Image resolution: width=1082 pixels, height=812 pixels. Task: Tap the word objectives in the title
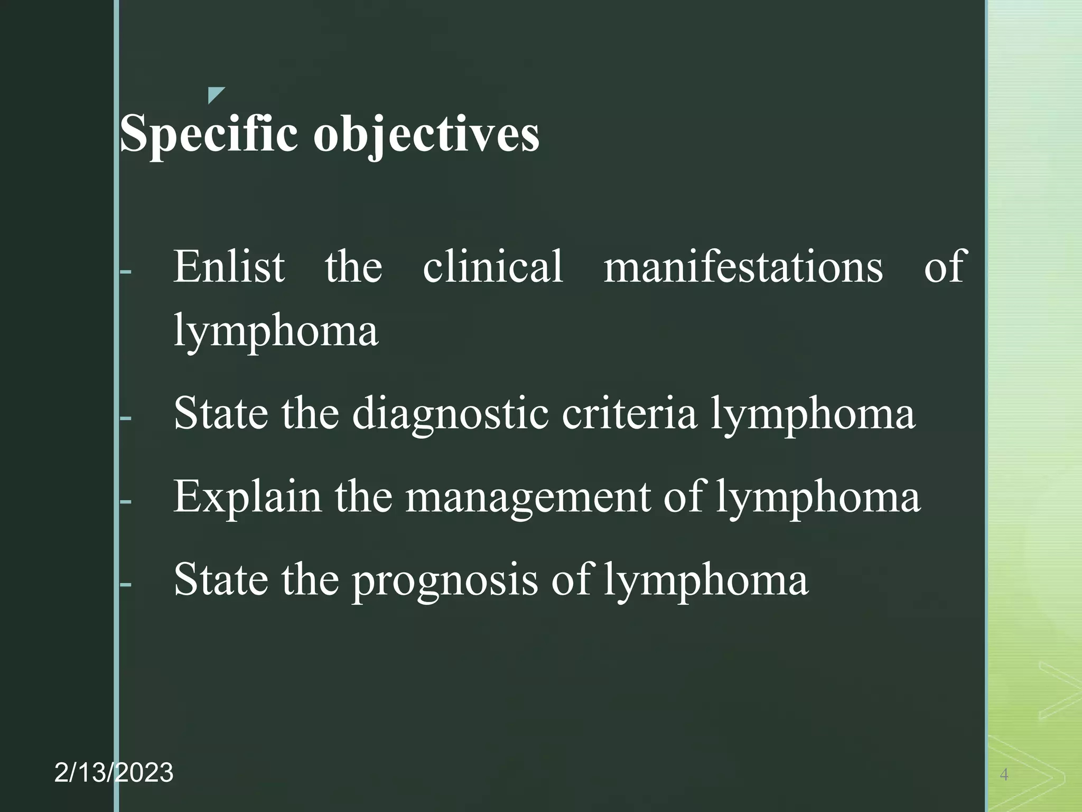click(426, 134)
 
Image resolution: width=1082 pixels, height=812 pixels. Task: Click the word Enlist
click(229, 266)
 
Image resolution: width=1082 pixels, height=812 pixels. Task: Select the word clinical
click(492, 266)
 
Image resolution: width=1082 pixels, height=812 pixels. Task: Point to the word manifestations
click(743, 266)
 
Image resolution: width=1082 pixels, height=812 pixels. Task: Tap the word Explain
click(247, 497)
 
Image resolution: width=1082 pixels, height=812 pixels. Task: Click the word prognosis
click(444, 580)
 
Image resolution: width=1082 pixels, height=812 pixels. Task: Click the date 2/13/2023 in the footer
click(114, 773)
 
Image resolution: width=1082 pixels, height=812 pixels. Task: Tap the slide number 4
click(1004, 775)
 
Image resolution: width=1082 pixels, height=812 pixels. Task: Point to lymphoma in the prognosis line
click(706, 580)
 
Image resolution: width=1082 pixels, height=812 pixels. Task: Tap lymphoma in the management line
click(818, 497)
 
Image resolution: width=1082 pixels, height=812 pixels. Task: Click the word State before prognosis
click(220, 580)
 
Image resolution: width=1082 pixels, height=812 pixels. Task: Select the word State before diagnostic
click(220, 413)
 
